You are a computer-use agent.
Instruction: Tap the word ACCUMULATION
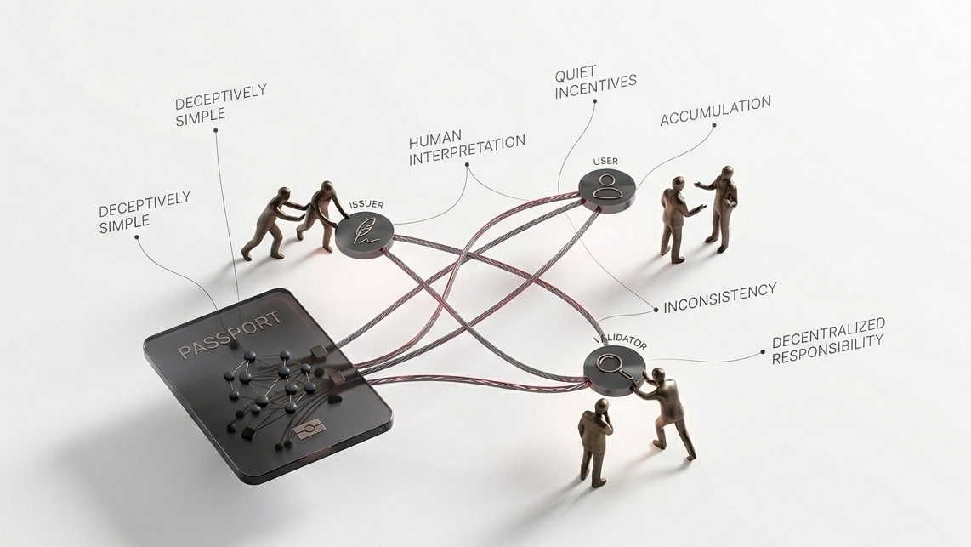point(715,111)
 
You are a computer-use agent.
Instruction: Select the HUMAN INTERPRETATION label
point(467,147)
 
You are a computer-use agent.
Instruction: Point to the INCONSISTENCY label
point(719,298)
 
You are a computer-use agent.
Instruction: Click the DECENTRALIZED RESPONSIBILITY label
point(828,341)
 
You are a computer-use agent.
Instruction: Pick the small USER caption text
point(605,161)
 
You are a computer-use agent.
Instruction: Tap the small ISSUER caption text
point(366,204)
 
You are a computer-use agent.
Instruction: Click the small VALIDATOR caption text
point(621,342)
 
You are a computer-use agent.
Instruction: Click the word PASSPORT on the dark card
point(229,335)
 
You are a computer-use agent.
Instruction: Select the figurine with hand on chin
point(595,441)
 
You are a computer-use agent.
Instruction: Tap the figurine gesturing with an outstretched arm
point(718,208)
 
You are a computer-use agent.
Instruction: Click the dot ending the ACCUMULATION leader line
point(714,125)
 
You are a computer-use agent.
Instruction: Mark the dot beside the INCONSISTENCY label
point(656,310)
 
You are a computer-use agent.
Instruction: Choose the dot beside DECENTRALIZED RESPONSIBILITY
point(763,353)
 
